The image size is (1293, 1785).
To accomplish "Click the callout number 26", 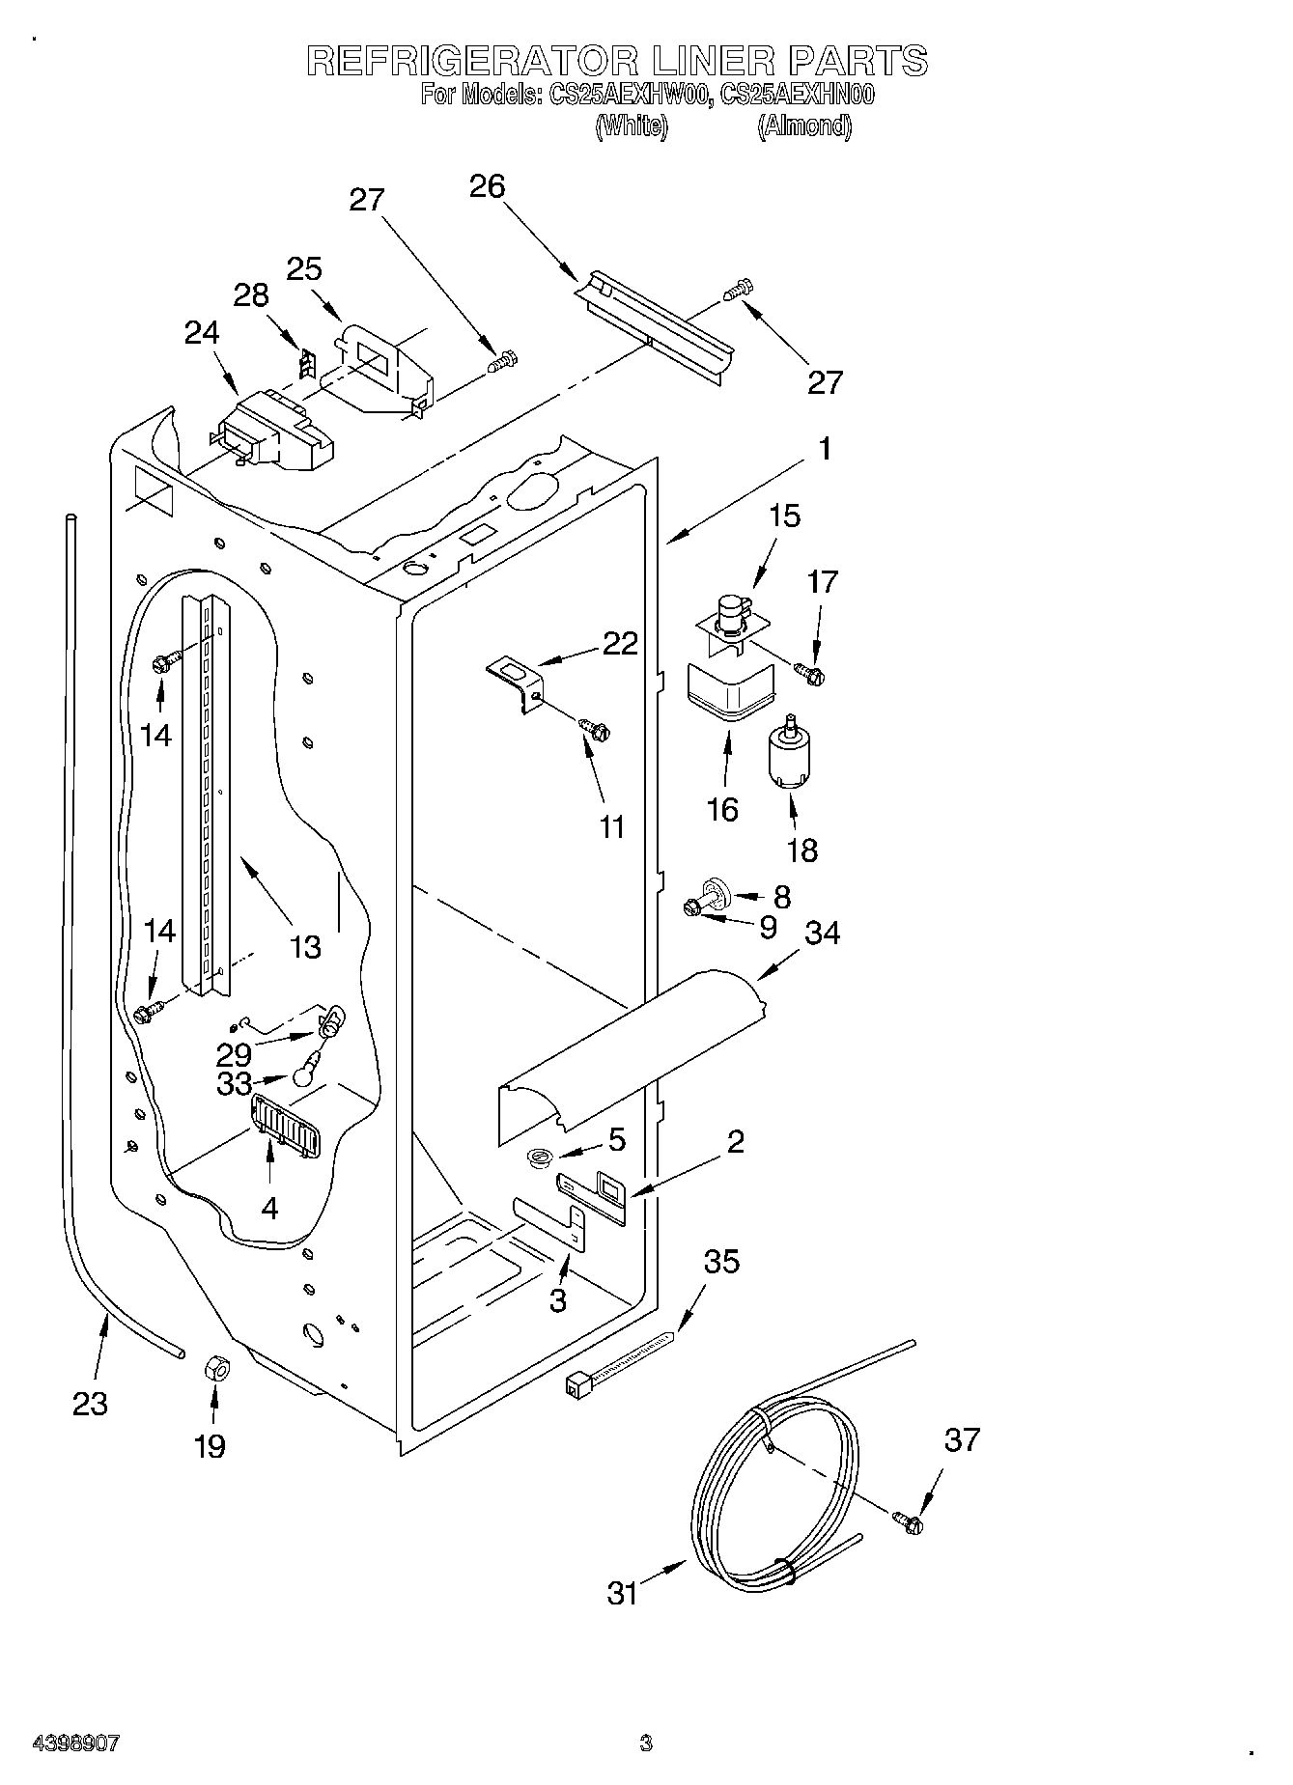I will tap(488, 186).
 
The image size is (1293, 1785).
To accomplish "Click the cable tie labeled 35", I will tap(618, 1362).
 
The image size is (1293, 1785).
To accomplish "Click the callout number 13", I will tap(305, 946).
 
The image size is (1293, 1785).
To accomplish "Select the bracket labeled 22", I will tap(517, 681).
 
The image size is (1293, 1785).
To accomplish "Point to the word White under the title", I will tap(631, 126).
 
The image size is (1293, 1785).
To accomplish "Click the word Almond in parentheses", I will tap(804, 126).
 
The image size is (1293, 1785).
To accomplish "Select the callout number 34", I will tap(822, 933).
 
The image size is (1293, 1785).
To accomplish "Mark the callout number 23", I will tap(90, 1403).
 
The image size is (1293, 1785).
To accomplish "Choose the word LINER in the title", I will tap(713, 62).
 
